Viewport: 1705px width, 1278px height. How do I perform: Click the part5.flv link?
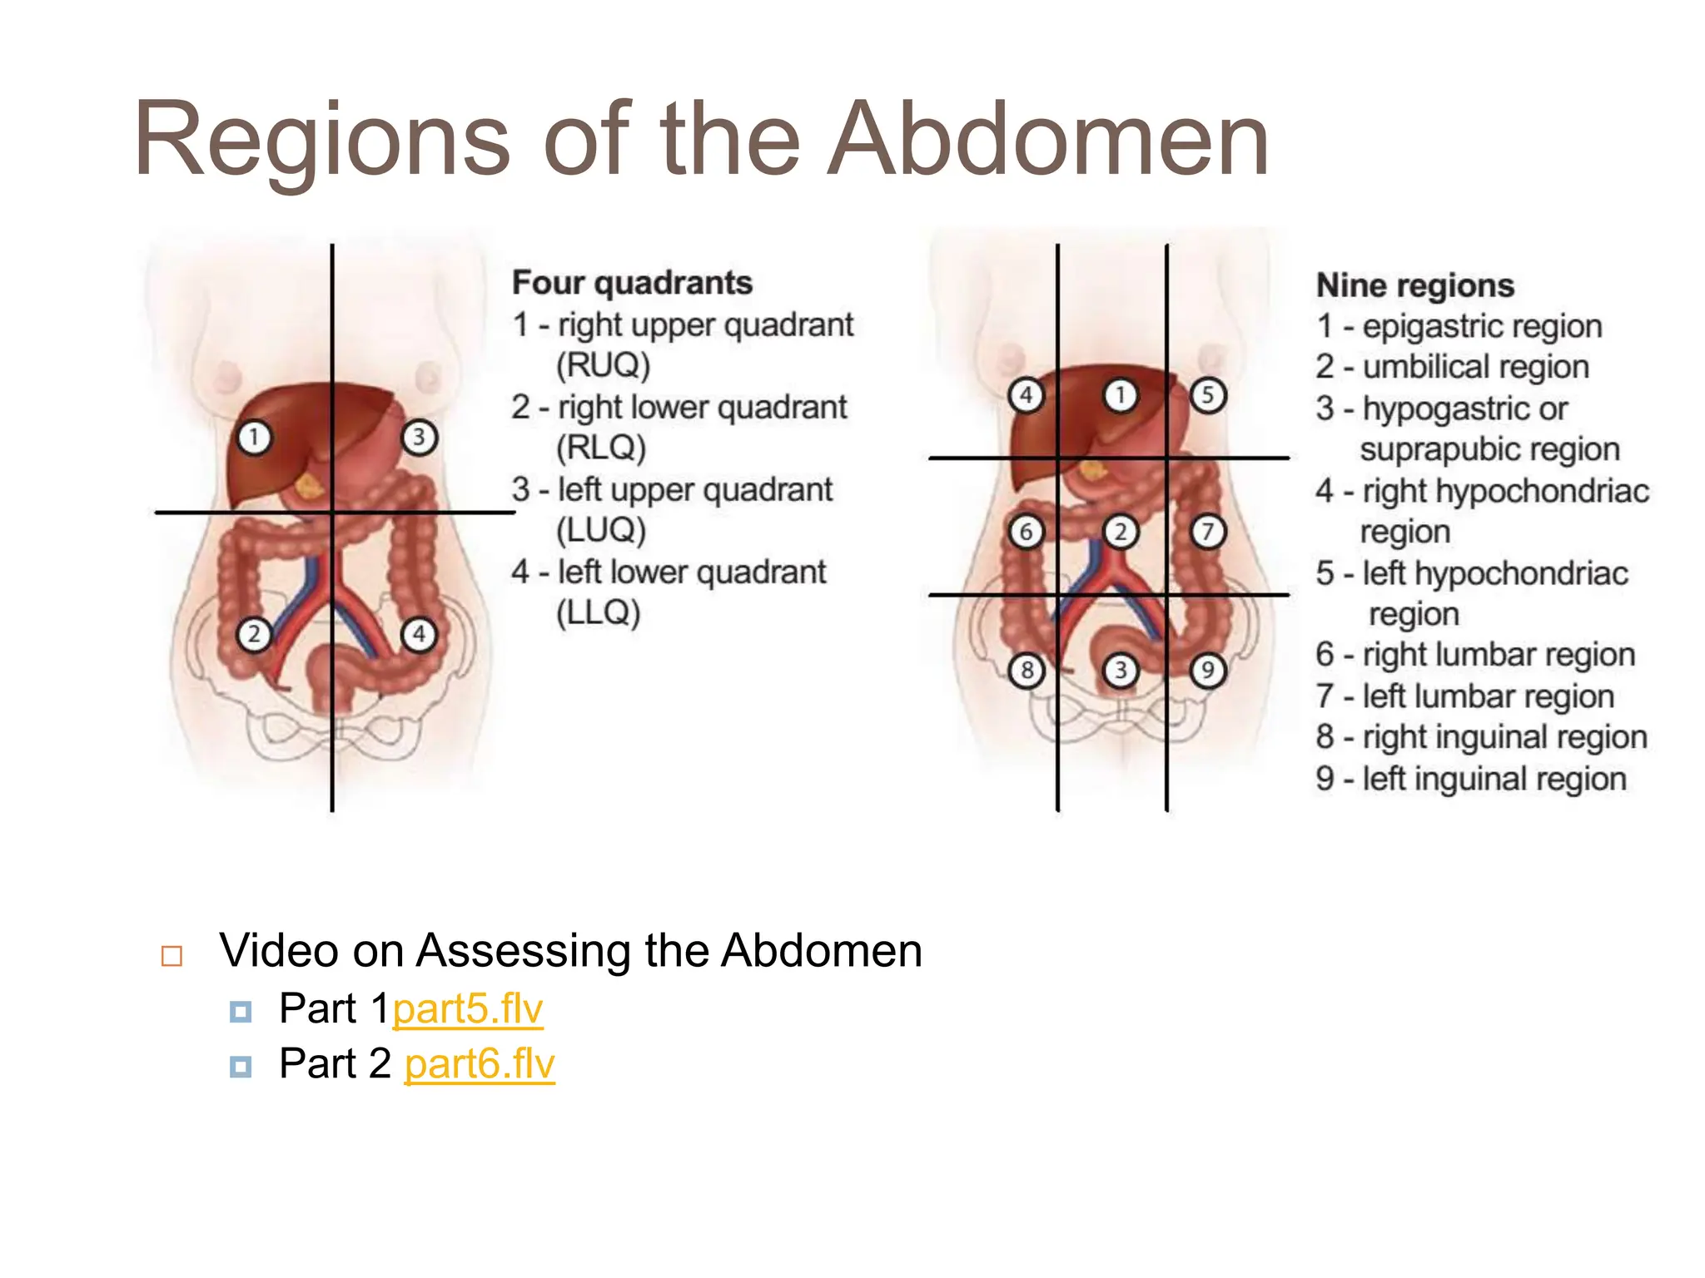pos(467,1009)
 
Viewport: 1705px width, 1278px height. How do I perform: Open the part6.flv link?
pos(479,1064)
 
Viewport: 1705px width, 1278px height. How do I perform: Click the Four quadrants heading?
pos(632,283)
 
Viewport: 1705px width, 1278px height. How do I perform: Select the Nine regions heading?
pos(1414,285)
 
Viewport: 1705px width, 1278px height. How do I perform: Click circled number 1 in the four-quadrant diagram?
pos(254,437)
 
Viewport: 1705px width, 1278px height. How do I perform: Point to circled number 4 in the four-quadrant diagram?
pos(419,634)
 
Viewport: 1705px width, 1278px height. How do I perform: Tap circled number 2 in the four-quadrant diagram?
pos(254,634)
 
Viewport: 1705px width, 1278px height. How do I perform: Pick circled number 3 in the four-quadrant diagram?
pos(419,437)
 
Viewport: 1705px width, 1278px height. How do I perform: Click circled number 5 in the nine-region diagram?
pos(1207,394)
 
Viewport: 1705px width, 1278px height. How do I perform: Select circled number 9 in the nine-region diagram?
pos(1207,670)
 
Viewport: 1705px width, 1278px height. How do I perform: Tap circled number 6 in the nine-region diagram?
pos(1026,532)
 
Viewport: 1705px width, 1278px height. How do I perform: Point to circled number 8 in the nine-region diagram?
pos(1026,670)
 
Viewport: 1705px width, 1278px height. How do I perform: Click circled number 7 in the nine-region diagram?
pos(1207,532)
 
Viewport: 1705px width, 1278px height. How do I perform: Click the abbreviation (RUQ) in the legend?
pos(603,365)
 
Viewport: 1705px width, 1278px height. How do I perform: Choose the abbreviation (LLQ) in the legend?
pos(598,613)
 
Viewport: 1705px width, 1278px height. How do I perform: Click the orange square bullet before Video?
pos(171,956)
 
